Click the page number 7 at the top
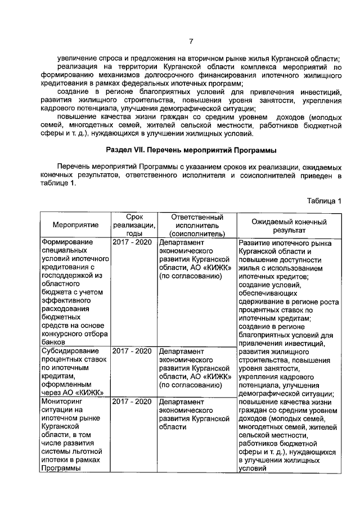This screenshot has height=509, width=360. coord(191,42)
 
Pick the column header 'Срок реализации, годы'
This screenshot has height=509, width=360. coord(134,225)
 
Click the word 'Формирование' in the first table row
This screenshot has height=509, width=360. coord(68,242)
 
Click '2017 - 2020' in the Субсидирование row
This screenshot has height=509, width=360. coord(132,351)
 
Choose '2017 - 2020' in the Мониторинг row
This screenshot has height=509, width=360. coord(132,402)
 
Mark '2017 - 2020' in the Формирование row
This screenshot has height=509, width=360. coord(132,242)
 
